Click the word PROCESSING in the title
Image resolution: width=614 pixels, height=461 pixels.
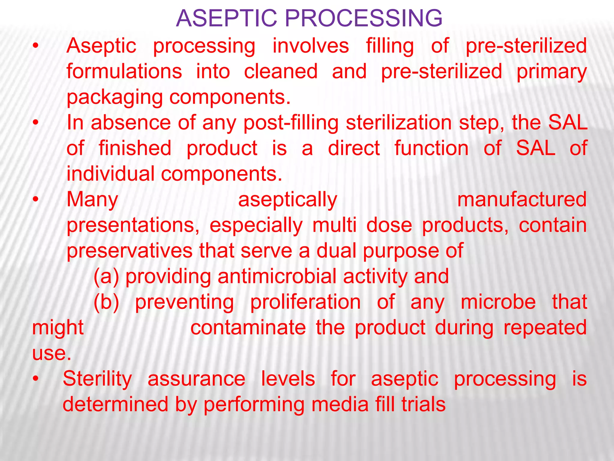coord(363,19)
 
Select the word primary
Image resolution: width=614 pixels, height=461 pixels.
coord(551,72)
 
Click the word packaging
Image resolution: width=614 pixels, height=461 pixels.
coord(115,98)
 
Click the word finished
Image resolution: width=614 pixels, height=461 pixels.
coord(135,148)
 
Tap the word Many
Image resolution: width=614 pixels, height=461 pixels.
coord(92,200)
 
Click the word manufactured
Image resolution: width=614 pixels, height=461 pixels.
coord(522,200)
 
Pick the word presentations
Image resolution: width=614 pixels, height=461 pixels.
coord(133,226)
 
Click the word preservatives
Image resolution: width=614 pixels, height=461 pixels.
coord(130,251)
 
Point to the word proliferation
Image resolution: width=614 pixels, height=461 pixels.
coord(305,302)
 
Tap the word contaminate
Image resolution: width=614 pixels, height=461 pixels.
coord(248,328)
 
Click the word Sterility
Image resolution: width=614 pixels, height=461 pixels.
coord(97,379)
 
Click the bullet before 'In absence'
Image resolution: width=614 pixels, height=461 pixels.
coord(36,123)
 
